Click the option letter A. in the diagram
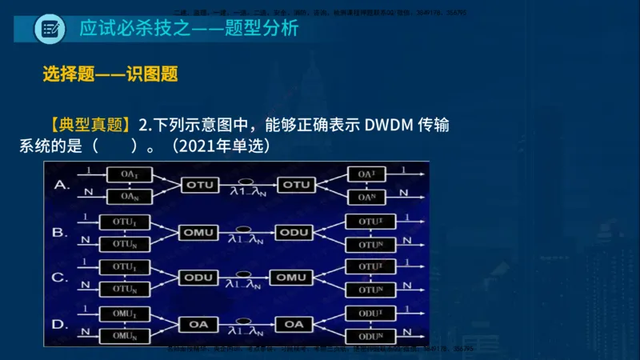[61, 185]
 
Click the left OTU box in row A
[200, 185]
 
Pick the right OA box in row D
[294, 324]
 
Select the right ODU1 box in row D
[369, 312]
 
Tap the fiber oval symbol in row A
[247, 179]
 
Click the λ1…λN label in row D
[247, 330]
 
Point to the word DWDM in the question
[390, 125]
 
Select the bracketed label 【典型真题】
[89, 125]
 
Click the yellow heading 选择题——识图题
[110, 74]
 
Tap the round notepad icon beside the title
[50, 30]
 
